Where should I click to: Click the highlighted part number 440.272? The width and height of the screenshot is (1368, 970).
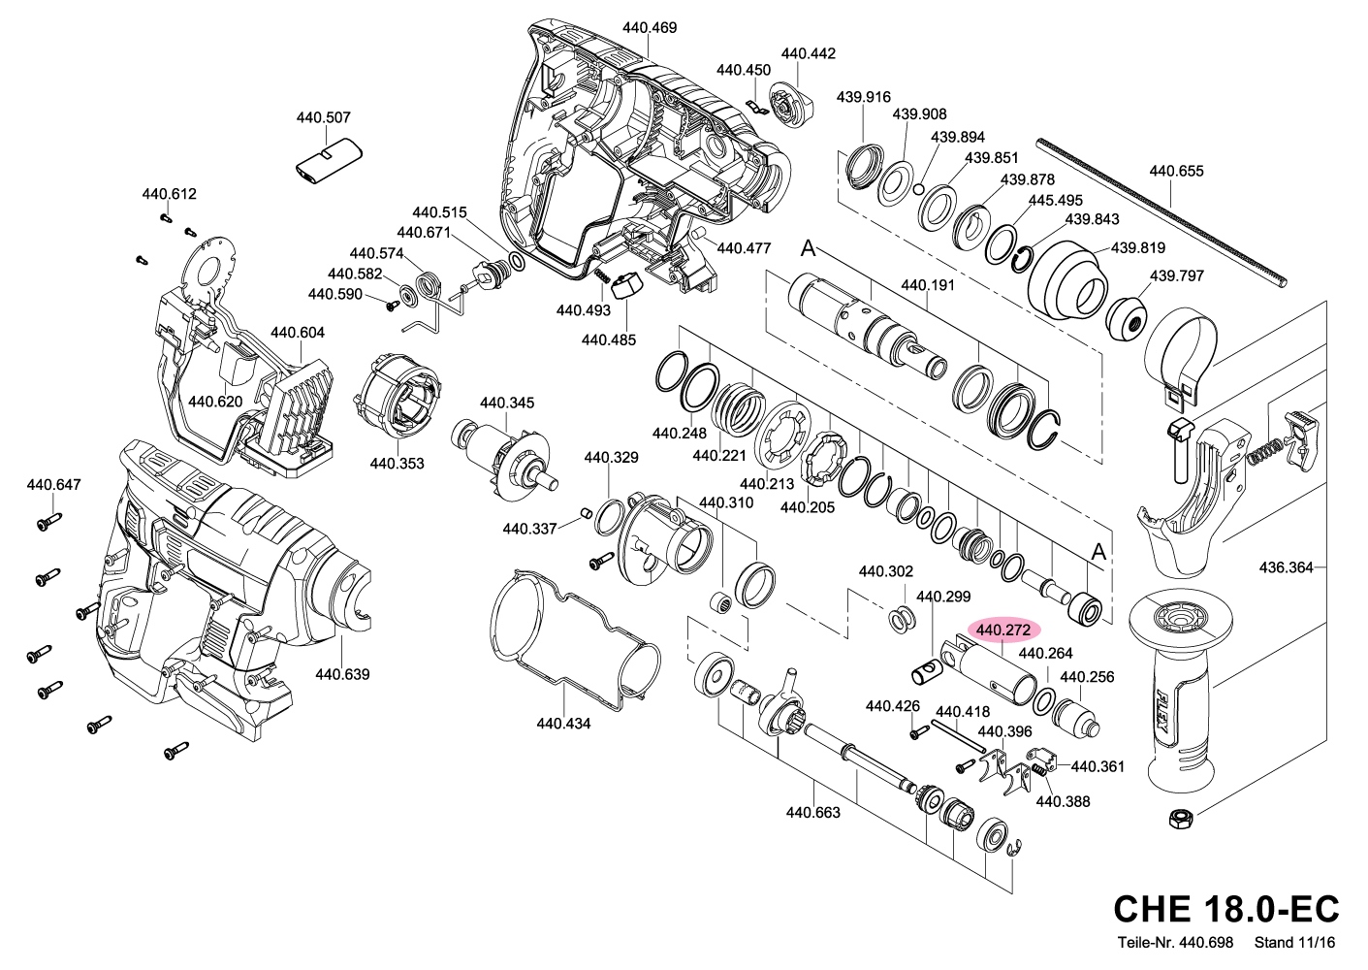pyautogui.click(x=1003, y=630)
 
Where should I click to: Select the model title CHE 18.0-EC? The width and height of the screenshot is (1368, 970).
pyautogui.click(x=1225, y=909)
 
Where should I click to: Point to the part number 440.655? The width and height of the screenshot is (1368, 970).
pyautogui.click(x=1176, y=172)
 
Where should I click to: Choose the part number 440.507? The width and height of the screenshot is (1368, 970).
pyautogui.click(x=324, y=118)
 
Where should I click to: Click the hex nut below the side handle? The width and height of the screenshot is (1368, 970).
pyautogui.click(x=1180, y=819)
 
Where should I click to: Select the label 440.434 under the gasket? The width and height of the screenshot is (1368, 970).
pyautogui.click(x=563, y=724)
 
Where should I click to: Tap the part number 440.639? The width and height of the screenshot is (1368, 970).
pyautogui.click(x=342, y=674)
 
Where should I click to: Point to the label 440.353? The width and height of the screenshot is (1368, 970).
pyautogui.click(x=397, y=464)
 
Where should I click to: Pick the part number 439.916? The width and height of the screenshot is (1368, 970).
pyautogui.click(x=863, y=97)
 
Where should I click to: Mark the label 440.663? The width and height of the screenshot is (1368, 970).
pyautogui.click(x=812, y=813)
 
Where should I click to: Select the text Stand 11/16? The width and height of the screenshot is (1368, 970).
pyautogui.click(x=1294, y=942)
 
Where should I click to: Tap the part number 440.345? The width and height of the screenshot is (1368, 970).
pyautogui.click(x=506, y=403)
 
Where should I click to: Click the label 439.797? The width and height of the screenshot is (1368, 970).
pyautogui.click(x=1176, y=275)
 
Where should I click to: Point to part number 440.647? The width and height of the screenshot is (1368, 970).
pyautogui.click(x=54, y=485)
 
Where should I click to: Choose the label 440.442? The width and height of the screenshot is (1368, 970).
pyautogui.click(x=808, y=53)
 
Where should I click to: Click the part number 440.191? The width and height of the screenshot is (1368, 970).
pyautogui.click(x=928, y=285)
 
